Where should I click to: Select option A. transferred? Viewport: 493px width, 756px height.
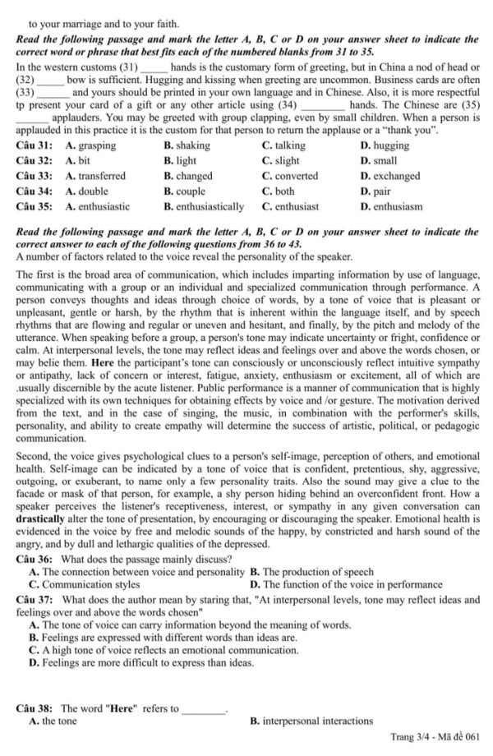(x=95, y=176)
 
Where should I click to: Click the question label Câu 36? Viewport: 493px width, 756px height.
(x=34, y=560)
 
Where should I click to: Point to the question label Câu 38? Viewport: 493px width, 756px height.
(x=34, y=708)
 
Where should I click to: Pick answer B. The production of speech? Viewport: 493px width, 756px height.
(x=311, y=572)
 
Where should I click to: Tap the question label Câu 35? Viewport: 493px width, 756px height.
(x=34, y=206)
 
